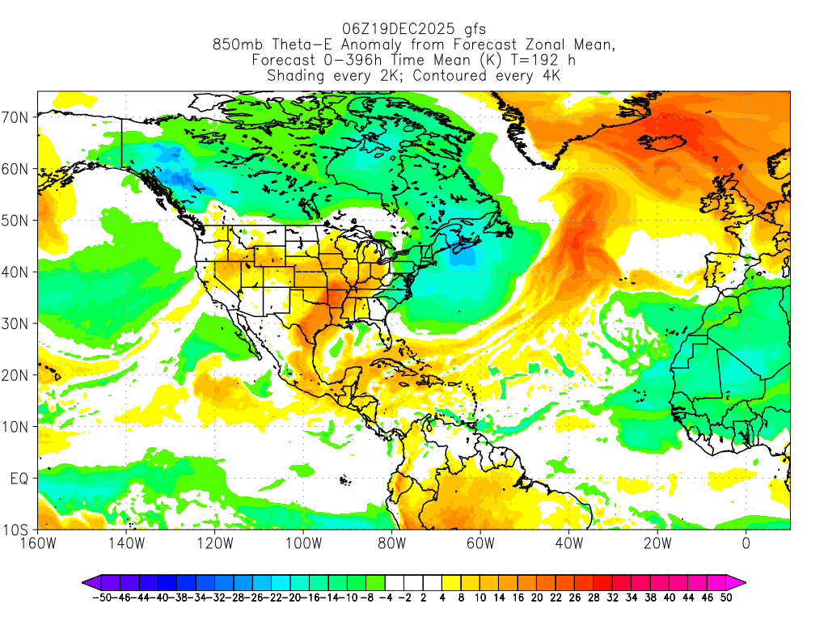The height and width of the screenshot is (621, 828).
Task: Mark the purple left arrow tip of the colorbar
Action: (84, 581)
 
